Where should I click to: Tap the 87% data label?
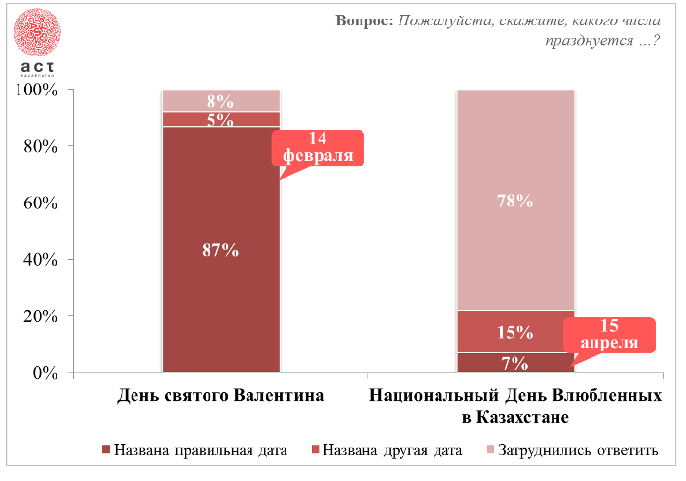pos(220,249)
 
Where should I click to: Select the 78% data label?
pos(515,201)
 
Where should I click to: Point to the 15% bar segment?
pos(515,332)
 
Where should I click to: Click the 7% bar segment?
pos(515,363)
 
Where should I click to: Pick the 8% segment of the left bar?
pos(220,100)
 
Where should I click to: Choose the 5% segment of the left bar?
pos(220,120)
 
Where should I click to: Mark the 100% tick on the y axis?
pos(38,90)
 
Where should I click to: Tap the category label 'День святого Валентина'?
pos(220,396)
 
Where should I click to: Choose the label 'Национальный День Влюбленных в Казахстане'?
pos(515,406)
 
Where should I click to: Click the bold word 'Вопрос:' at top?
pos(364,20)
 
